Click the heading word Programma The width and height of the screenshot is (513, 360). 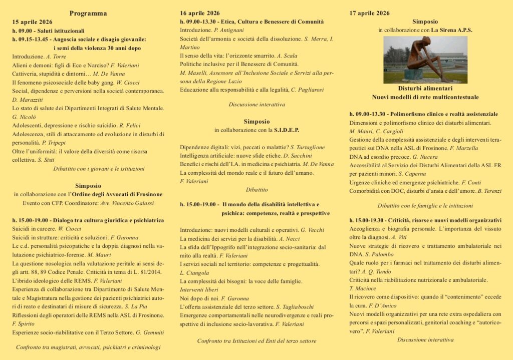[x=88, y=13]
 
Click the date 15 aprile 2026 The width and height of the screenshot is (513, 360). [x=32, y=22]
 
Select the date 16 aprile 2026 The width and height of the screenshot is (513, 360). [x=199, y=13]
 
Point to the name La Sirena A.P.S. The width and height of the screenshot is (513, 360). [x=452, y=30]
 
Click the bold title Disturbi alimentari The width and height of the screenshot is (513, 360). [x=425, y=88]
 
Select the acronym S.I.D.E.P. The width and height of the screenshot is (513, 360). [x=286, y=130]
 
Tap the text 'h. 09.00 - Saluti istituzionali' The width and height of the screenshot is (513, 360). [x=49, y=31]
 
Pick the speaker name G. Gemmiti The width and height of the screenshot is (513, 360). [x=150, y=332]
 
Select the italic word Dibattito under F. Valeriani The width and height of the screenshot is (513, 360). [x=256, y=190]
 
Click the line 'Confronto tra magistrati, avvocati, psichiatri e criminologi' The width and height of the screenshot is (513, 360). [x=88, y=347]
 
